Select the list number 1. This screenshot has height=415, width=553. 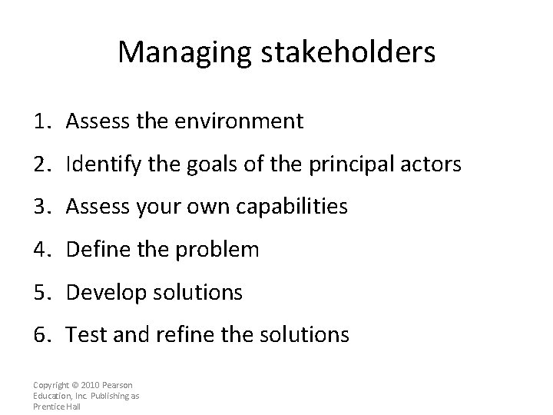(40, 121)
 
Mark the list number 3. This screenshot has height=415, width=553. (40, 207)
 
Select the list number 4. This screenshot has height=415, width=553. (40, 250)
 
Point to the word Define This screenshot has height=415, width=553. (92, 250)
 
